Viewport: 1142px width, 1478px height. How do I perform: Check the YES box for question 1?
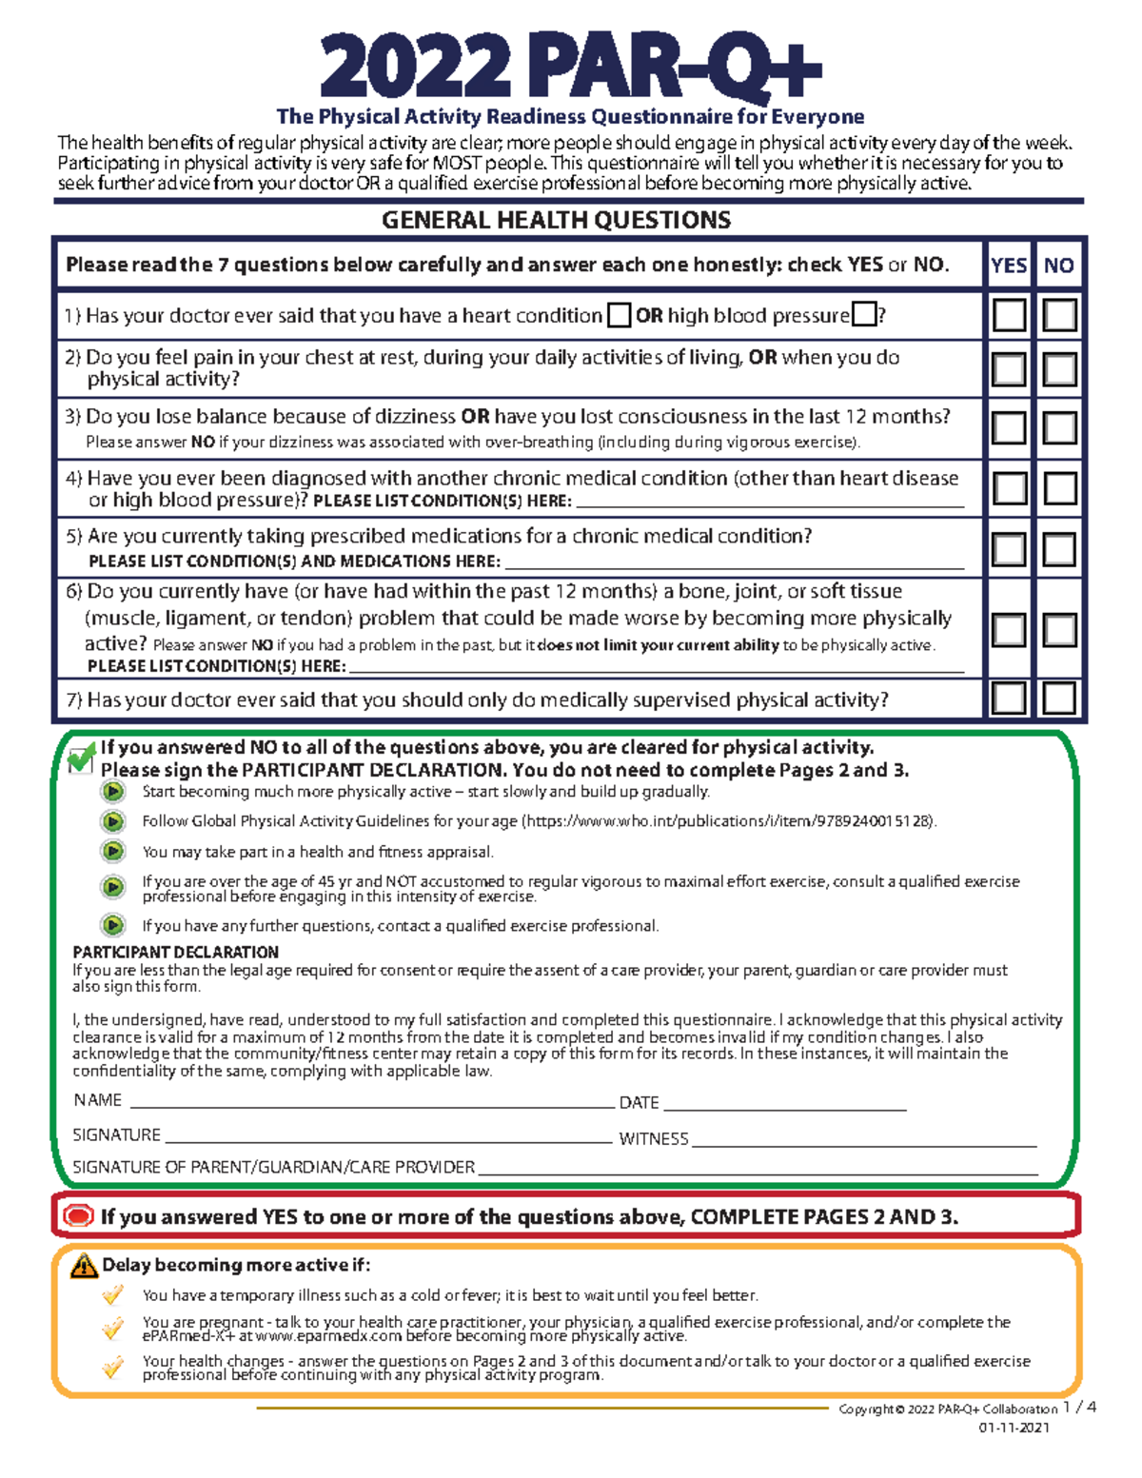coord(1009,315)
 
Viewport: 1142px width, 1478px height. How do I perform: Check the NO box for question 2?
coord(1059,369)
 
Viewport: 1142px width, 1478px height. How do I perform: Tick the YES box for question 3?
coord(1009,428)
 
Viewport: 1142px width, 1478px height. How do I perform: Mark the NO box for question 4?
coord(1059,489)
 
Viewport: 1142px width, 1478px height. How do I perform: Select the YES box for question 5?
coord(1009,549)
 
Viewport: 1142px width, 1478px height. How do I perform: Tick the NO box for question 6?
coord(1059,630)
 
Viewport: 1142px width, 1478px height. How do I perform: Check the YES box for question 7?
coord(1009,699)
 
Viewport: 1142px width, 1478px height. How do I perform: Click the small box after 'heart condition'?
coord(619,315)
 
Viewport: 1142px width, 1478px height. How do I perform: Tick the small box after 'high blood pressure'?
coord(864,314)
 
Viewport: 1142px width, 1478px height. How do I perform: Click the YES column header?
coord(1009,266)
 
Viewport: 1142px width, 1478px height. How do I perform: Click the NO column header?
coord(1059,266)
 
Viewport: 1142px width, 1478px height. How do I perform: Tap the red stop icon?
coord(78,1216)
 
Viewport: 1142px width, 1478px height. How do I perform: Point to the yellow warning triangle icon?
coord(84,1266)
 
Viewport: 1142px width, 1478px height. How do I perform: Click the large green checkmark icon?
coord(82,759)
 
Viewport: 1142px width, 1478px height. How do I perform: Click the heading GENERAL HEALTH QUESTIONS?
coord(556,221)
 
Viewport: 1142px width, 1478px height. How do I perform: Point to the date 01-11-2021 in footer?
coord(1014,1428)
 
